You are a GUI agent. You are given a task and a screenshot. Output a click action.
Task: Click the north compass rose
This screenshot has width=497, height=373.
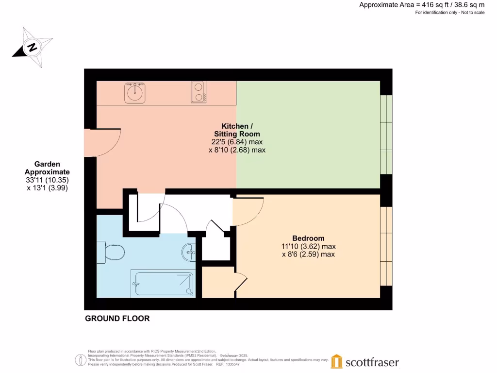coord(32,47)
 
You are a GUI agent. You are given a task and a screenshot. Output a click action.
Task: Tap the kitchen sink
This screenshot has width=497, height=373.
coord(134,92)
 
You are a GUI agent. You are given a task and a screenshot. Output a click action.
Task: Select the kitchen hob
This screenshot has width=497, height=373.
coord(198,92)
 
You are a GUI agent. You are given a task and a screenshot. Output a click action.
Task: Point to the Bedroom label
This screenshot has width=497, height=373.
coord(308,238)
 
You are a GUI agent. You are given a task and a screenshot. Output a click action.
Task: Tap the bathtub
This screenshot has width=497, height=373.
coord(163,284)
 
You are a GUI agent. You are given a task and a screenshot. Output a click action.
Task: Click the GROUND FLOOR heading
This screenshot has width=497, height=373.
coord(117,319)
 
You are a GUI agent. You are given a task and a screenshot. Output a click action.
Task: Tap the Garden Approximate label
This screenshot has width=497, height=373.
coord(47,168)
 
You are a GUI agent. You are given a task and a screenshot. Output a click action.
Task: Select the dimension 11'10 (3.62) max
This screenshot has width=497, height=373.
coord(308,246)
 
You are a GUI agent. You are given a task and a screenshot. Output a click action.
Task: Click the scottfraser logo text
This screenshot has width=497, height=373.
coord(372,362)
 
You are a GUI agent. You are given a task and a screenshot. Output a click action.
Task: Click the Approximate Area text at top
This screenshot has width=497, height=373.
coord(421,5)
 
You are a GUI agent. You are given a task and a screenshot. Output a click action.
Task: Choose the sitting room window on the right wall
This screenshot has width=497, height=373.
coord(386,135)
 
